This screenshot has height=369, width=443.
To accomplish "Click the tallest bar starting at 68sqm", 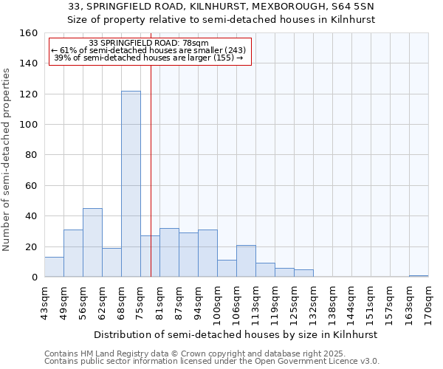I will tap(131, 184).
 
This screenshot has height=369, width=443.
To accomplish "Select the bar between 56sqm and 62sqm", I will tap(92, 243).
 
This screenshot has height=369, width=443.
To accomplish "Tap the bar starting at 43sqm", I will tap(54, 267).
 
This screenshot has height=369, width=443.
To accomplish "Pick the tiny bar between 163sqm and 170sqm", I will tap(419, 276).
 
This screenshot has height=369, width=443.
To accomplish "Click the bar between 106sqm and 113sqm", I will tap(246, 261).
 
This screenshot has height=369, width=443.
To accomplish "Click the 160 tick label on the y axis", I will tap(28, 33).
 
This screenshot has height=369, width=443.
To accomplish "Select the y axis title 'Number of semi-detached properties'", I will tap(7, 156).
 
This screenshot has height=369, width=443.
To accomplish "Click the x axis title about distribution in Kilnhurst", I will tap(236, 334).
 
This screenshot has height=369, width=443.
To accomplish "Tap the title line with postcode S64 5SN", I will tap(221, 7).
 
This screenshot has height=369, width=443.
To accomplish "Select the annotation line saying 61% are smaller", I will tap(148, 50).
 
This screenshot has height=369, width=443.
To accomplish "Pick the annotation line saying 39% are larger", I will tap(148, 58).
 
